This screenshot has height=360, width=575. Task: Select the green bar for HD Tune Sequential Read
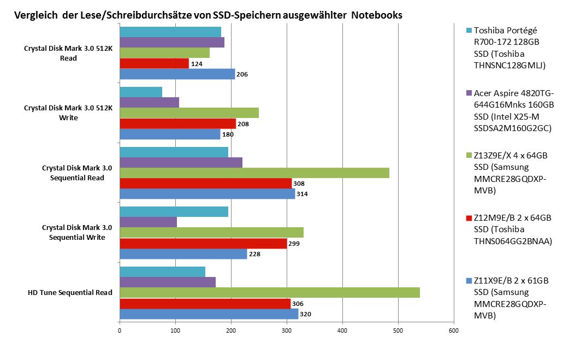[x=269, y=293]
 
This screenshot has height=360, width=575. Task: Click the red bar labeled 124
[x=154, y=63]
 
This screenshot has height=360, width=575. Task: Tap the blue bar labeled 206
[x=177, y=74]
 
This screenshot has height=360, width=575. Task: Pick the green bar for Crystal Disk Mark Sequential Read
[x=254, y=173]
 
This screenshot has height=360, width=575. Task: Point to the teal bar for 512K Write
[x=141, y=92]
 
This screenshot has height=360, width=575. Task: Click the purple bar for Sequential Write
[x=148, y=222]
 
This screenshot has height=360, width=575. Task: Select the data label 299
[x=294, y=244]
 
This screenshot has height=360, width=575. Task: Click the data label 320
[x=306, y=314]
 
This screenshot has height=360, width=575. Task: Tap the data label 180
[x=228, y=134]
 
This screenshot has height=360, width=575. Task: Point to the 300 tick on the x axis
[x=287, y=330]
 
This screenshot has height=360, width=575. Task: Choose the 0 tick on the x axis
[x=120, y=330]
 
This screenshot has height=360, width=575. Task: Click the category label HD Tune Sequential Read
[x=70, y=293]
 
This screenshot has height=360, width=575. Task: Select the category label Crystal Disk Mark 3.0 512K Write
[x=69, y=113]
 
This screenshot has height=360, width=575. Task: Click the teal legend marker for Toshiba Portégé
[x=469, y=31]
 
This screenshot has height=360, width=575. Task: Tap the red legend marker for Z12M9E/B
[x=469, y=218]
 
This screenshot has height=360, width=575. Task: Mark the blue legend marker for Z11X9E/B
[x=469, y=281]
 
